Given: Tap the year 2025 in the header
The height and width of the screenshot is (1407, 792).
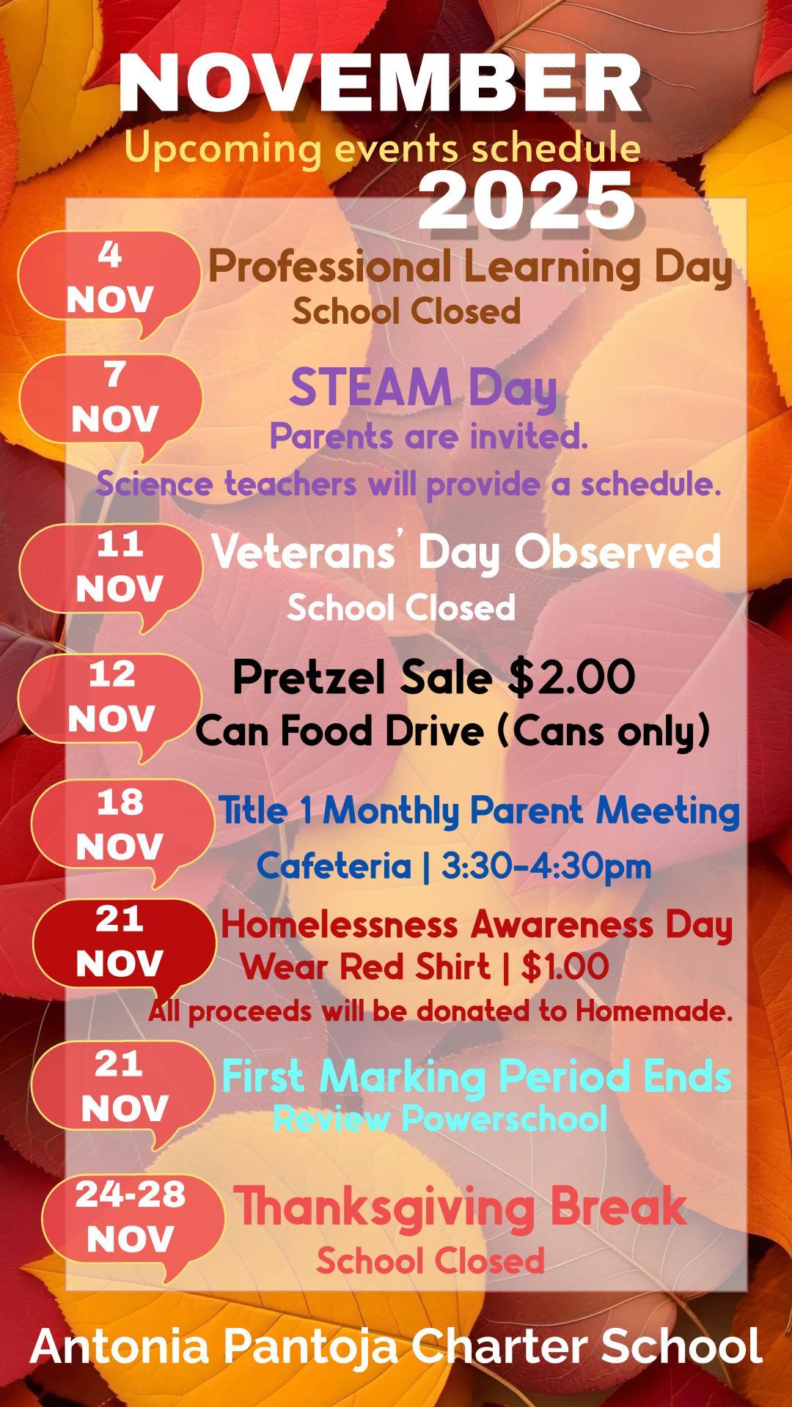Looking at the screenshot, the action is click(x=527, y=201).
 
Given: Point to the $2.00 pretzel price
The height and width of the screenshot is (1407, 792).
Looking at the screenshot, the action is click(x=571, y=676).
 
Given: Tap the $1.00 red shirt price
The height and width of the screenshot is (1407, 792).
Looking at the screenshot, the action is click(x=565, y=967).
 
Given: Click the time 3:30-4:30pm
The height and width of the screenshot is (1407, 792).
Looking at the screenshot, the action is click(x=546, y=865).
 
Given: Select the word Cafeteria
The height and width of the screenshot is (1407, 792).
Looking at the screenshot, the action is click(x=334, y=865).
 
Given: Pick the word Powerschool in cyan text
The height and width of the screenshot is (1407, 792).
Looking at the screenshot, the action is click(x=505, y=1119).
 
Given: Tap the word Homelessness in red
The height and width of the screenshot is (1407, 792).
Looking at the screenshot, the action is click(x=340, y=924).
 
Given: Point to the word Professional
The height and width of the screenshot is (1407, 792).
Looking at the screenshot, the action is click(x=330, y=266).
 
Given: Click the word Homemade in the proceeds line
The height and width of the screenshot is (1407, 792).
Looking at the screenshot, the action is click(x=654, y=1011).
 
